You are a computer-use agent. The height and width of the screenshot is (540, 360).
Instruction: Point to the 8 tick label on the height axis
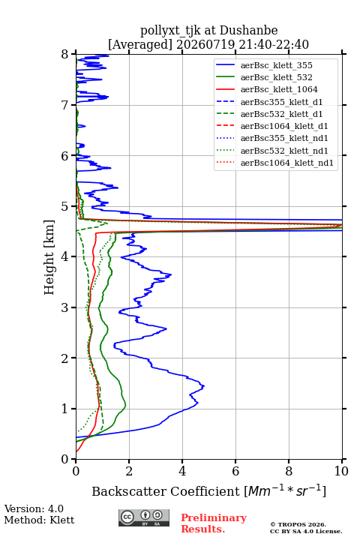click(x=64, y=55)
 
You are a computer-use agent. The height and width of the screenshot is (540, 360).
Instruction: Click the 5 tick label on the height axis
click(x=64, y=206)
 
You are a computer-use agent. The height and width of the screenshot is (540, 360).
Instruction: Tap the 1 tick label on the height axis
click(x=64, y=409)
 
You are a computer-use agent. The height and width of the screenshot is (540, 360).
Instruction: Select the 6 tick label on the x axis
click(x=235, y=471)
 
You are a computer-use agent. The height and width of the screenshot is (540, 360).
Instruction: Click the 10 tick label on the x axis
click(x=341, y=471)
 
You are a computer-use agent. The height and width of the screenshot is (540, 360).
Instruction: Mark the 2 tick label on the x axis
click(x=129, y=471)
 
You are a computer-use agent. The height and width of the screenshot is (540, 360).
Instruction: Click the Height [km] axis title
click(x=49, y=257)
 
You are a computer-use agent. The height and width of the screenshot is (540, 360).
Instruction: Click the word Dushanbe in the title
click(x=248, y=31)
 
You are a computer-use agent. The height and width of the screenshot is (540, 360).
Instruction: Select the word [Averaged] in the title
click(x=140, y=44)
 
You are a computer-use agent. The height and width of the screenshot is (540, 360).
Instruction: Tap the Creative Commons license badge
click(x=144, y=518)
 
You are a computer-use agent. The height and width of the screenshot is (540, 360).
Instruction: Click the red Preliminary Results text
click(x=214, y=523)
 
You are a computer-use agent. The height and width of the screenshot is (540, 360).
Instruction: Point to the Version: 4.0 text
click(x=34, y=508)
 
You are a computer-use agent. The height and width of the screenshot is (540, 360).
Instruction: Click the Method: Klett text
click(x=39, y=520)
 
